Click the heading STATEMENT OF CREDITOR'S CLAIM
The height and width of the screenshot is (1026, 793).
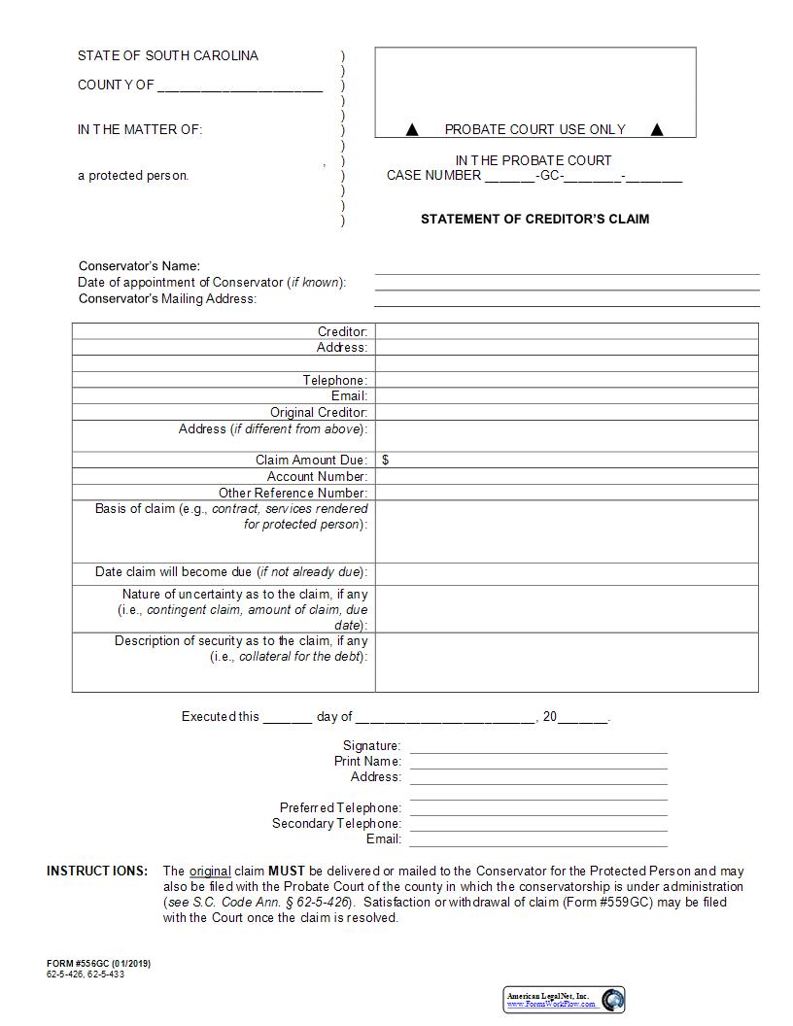534,219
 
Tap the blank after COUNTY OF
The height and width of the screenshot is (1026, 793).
239,85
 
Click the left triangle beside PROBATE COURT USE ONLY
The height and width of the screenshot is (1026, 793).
411,129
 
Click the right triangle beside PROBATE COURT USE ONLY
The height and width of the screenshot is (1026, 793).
657,129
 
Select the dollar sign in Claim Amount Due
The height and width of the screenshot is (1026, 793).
386,461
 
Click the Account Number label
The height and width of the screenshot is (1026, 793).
317,476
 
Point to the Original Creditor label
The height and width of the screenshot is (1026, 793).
319,412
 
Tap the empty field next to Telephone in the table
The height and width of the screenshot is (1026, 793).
566,380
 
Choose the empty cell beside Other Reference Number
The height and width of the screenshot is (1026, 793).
566,493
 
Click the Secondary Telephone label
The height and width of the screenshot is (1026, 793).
336,824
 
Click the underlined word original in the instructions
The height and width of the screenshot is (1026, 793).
210,872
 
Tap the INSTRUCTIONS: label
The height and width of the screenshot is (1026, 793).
97,872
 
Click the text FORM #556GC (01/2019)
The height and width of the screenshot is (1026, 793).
98,964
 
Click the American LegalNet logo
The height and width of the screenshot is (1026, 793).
564,1000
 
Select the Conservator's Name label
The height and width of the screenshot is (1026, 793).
139,266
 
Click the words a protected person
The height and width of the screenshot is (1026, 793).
133,176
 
